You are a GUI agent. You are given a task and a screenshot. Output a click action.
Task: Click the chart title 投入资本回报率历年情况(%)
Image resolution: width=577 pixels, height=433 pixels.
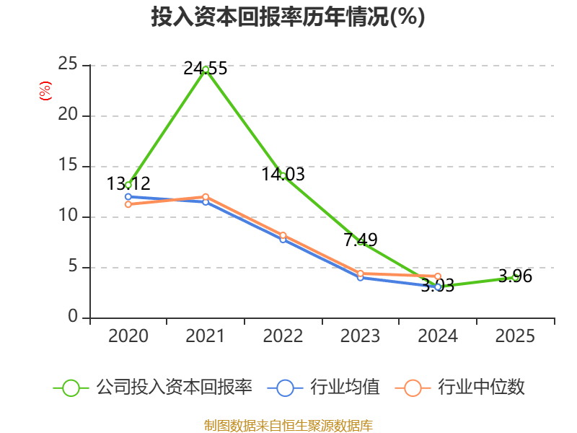click(288, 17)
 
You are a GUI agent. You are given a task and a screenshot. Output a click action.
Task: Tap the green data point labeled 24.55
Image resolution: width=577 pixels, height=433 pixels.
click(206, 69)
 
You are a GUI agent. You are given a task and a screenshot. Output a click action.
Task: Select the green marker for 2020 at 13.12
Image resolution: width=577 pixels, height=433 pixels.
click(128, 185)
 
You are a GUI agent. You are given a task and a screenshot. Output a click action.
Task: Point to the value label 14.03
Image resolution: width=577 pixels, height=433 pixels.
click(283, 174)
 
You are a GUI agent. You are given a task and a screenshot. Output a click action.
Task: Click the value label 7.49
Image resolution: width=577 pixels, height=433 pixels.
click(361, 240)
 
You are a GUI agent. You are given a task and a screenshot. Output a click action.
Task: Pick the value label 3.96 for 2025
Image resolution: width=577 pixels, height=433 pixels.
click(515, 276)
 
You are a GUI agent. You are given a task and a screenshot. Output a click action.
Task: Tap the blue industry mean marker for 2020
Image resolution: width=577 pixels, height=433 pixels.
click(128, 196)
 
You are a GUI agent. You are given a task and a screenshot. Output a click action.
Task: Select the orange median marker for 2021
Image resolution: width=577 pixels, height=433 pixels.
click(206, 197)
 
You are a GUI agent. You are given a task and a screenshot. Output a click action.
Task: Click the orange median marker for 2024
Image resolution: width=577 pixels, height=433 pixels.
click(438, 276)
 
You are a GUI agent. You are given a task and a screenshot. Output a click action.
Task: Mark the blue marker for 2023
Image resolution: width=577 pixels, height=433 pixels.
click(361, 278)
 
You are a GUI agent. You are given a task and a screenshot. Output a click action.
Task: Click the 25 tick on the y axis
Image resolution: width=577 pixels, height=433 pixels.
click(68, 64)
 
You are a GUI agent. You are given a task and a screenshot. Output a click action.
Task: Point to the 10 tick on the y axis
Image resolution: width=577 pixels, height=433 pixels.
click(68, 215)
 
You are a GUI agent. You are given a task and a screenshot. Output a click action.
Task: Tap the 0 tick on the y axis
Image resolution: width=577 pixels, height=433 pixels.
click(73, 316)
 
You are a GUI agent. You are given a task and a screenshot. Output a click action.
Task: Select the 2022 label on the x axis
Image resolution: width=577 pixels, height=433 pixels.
click(283, 336)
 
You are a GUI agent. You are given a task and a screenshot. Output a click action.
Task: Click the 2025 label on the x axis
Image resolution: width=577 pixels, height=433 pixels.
click(515, 336)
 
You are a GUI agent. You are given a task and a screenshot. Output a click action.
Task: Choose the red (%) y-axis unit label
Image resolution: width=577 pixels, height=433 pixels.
click(45, 91)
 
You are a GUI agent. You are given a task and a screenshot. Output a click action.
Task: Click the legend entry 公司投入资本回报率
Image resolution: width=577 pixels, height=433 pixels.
click(153, 388)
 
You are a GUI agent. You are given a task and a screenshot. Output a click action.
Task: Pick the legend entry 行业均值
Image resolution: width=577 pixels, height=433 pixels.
click(323, 388)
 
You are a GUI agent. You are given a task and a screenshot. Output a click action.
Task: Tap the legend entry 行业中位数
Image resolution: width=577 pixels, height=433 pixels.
click(460, 388)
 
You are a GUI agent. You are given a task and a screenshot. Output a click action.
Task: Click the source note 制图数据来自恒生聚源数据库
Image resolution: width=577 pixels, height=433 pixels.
click(288, 425)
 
